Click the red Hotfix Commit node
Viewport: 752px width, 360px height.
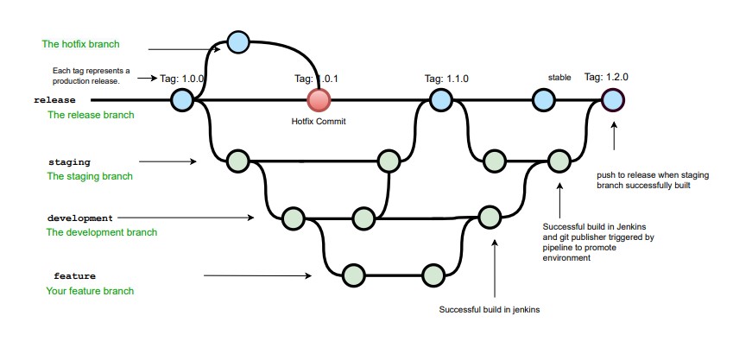pos(319,100)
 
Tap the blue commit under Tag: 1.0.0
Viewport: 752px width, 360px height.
pos(181,100)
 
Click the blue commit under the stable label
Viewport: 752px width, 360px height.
pos(543,100)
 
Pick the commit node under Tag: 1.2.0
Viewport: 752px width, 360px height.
pos(612,100)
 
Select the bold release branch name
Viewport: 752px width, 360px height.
pos(55,100)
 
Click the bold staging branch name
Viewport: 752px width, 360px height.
pos(71,161)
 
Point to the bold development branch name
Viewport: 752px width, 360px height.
pos(79,218)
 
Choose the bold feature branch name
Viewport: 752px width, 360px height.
pos(74,276)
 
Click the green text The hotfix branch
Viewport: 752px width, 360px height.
pos(81,44)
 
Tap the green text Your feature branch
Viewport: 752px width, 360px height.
pos(90,291)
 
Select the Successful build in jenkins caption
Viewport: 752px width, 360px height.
pos(490,309)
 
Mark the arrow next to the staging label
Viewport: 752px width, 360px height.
pos(166,161)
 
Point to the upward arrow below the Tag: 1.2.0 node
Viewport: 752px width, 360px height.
pos(613,138)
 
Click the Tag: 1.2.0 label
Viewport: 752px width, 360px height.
pos(606,77)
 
